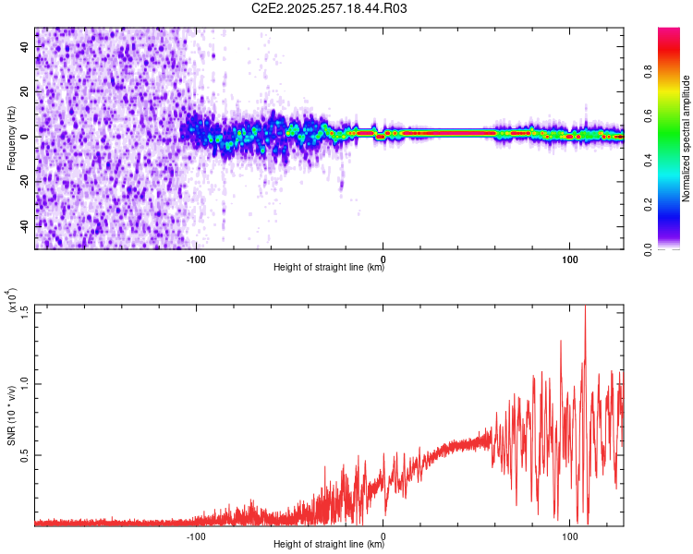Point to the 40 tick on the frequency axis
[26, 48]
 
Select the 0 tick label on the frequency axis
[26, 137]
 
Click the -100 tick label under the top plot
[195, 259]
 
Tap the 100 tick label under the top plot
[570, 259]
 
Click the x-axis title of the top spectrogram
[329, 269]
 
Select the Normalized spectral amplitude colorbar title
[687, 138]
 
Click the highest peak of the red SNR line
[585, 307]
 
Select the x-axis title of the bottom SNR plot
[329, 545]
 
